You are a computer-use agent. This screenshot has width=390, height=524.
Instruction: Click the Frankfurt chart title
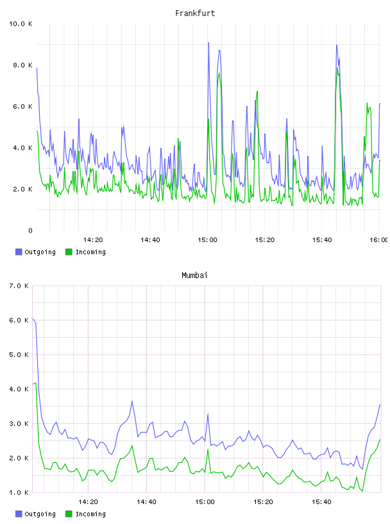[x=195, y=13]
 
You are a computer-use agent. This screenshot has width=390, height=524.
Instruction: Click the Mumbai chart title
[x=194, y=275]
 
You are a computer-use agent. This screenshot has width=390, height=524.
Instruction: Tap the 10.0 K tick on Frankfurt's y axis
[x=21, y=24]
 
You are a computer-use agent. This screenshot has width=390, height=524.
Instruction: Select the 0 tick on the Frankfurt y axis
[x=30, y=231]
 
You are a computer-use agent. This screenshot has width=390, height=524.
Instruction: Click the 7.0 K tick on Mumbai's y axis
[x=19, y=286]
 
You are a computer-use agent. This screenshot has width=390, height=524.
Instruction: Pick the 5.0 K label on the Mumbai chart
[x=19, y=354]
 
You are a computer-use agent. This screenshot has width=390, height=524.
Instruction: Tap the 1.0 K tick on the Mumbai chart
[x=19, y=493]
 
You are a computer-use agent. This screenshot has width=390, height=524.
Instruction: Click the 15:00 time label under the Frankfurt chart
[x=207, y=240]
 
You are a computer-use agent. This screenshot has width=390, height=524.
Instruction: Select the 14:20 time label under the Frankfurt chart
[x=93, y=240]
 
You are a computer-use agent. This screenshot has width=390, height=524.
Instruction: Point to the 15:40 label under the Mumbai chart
[x=321, y=502]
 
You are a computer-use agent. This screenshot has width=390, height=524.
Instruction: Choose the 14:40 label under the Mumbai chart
[x=146, y=502]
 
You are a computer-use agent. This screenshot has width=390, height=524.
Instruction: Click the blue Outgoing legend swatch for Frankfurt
[x=19, y=252]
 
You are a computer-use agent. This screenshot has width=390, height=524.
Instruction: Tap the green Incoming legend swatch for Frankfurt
[x=69, y=252]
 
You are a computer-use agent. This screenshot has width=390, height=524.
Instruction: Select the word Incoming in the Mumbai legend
[x=90, y=514]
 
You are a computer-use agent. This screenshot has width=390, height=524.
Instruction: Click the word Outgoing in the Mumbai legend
[x=40, y=514]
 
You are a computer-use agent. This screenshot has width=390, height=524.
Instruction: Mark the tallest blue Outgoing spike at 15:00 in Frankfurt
[x=208, y=43]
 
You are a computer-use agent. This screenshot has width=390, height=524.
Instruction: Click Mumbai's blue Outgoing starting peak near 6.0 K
[x=33, y=319]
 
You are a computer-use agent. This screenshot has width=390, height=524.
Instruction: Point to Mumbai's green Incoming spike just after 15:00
[x=208, y=450]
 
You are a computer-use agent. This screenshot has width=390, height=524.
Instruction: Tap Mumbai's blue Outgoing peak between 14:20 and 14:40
[x=132, y=401]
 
